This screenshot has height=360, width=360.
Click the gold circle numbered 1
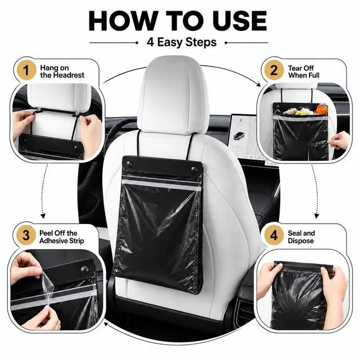[26, 70]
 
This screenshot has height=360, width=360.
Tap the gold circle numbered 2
[274, 70]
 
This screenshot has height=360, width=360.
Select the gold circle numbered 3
[26, 235]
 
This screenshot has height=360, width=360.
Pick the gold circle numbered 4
[274, 235]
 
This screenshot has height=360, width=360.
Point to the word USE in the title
[240, 21]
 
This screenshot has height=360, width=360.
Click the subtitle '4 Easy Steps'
[181, 43]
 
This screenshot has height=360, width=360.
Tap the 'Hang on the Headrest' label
[62, 71]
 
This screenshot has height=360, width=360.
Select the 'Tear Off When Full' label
[304, 71]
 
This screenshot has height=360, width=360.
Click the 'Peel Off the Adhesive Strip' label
[61, 237]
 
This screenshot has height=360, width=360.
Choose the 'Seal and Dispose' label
[301, 237]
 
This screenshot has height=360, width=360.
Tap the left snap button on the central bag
[128, 164]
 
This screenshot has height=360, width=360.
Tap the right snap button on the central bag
[194, 170]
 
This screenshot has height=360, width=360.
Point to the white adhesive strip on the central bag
[161, 185]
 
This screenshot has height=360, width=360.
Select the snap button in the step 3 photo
[85, 269]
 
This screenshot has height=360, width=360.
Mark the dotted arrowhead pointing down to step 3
[43, 216]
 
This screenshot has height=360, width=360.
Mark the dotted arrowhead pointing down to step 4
[317, 216]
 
